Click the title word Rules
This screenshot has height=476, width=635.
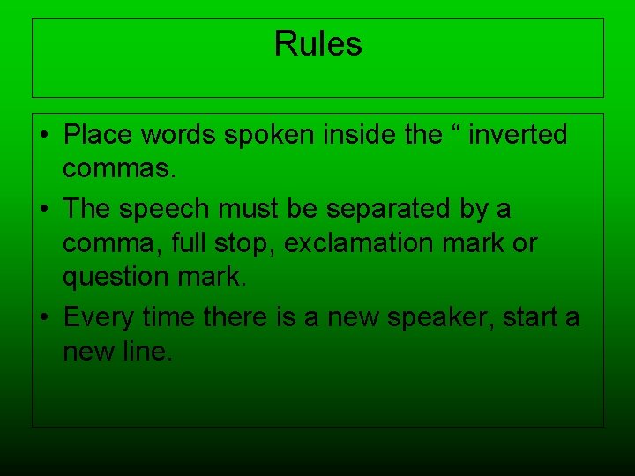tap(317, 43)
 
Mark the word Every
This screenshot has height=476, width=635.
tap(99, 316)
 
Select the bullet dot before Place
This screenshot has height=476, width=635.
tap(44, 136)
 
